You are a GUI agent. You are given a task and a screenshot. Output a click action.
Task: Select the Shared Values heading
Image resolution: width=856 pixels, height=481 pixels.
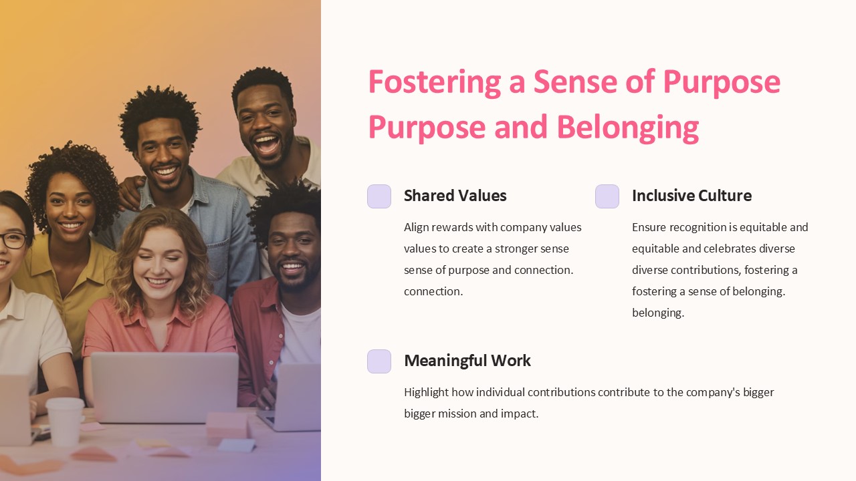coord(455,196)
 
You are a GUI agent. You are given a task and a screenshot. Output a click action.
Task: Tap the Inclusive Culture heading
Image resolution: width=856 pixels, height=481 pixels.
coord(691,196)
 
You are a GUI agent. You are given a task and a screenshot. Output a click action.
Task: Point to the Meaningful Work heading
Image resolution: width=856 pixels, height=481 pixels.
coord(467,361)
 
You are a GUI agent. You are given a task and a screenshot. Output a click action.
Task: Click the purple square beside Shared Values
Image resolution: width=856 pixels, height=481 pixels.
coord(379,196)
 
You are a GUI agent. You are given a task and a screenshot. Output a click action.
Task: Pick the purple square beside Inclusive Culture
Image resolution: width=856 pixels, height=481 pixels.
coord(607,196)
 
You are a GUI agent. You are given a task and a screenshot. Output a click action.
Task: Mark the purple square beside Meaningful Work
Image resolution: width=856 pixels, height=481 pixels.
coord(379,361)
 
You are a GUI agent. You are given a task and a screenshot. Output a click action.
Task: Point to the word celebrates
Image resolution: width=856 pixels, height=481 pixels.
coord(730,249)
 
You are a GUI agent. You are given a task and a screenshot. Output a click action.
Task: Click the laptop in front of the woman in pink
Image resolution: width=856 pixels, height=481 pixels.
coord(164,387)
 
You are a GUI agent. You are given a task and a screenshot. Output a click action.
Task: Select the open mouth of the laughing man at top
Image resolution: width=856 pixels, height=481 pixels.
coord(268,144)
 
